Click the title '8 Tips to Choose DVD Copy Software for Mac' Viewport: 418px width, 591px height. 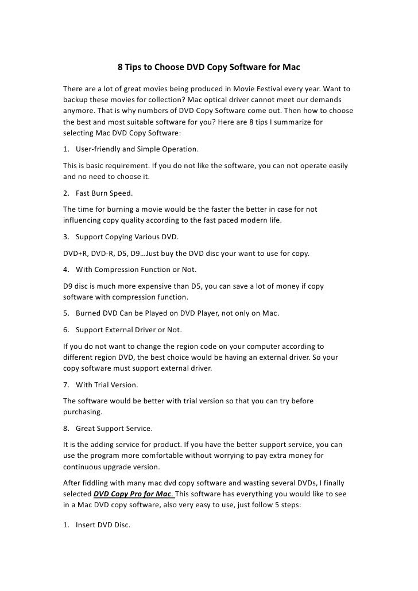pos(209,68)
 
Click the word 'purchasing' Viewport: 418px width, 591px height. pos(83,411)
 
